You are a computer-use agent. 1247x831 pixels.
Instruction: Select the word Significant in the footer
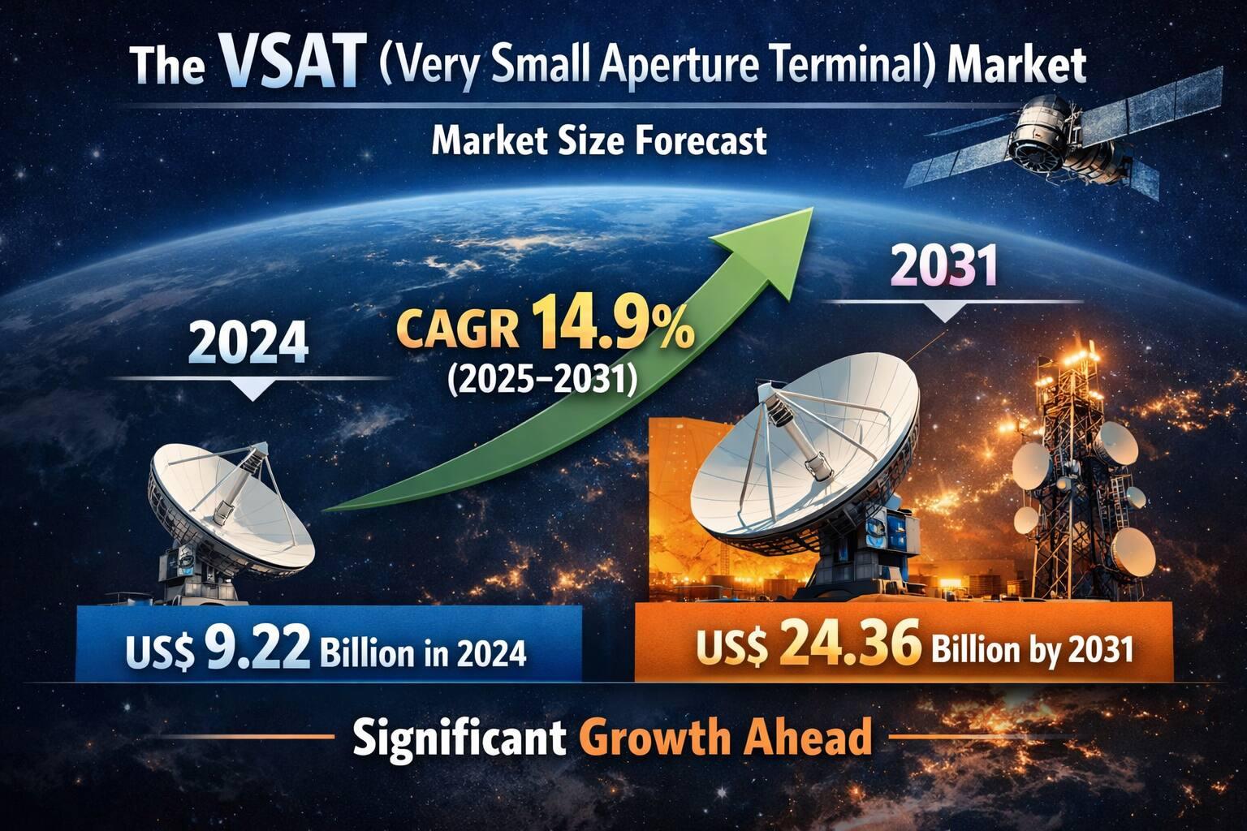coord(460,738)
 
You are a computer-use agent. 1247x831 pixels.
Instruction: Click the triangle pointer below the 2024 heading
coord(253,390)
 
